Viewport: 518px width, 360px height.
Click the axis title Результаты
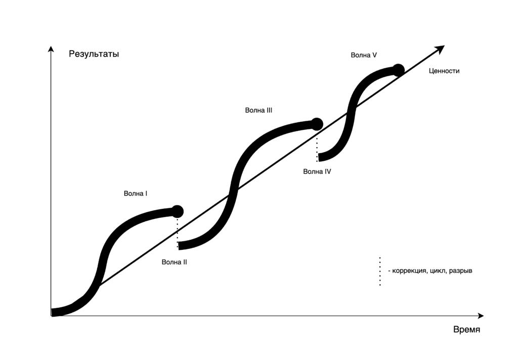(x=94, y=54)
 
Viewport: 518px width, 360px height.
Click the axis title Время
(x=466, y=330)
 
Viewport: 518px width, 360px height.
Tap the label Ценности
(x=444, y=71)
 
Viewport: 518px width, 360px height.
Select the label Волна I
(x=136, y=194)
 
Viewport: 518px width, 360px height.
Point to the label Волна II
(x=175, y=262)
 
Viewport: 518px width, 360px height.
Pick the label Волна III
(x=258, y=110)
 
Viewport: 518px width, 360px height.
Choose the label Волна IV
(x=317, y=171)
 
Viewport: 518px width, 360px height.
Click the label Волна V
(x=364, y=55)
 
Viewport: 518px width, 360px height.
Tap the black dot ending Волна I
(x=177, y=211)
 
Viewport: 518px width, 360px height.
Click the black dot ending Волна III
(x=317, y=123)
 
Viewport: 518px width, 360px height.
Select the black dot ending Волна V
(x=399, y=69)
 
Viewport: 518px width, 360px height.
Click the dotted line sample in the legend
(x=380, y=272)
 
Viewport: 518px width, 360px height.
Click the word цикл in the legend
(x=439, y=271)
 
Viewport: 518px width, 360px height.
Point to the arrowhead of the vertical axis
(x=51, y=49)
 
